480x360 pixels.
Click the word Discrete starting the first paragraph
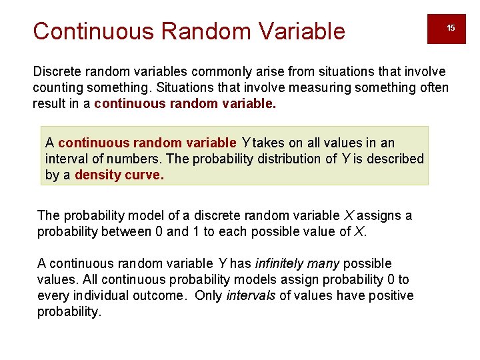pos(56,71)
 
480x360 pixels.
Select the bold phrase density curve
pos(119,175)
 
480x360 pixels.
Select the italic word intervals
pos(251,295)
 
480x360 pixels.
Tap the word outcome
pos(159,295)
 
